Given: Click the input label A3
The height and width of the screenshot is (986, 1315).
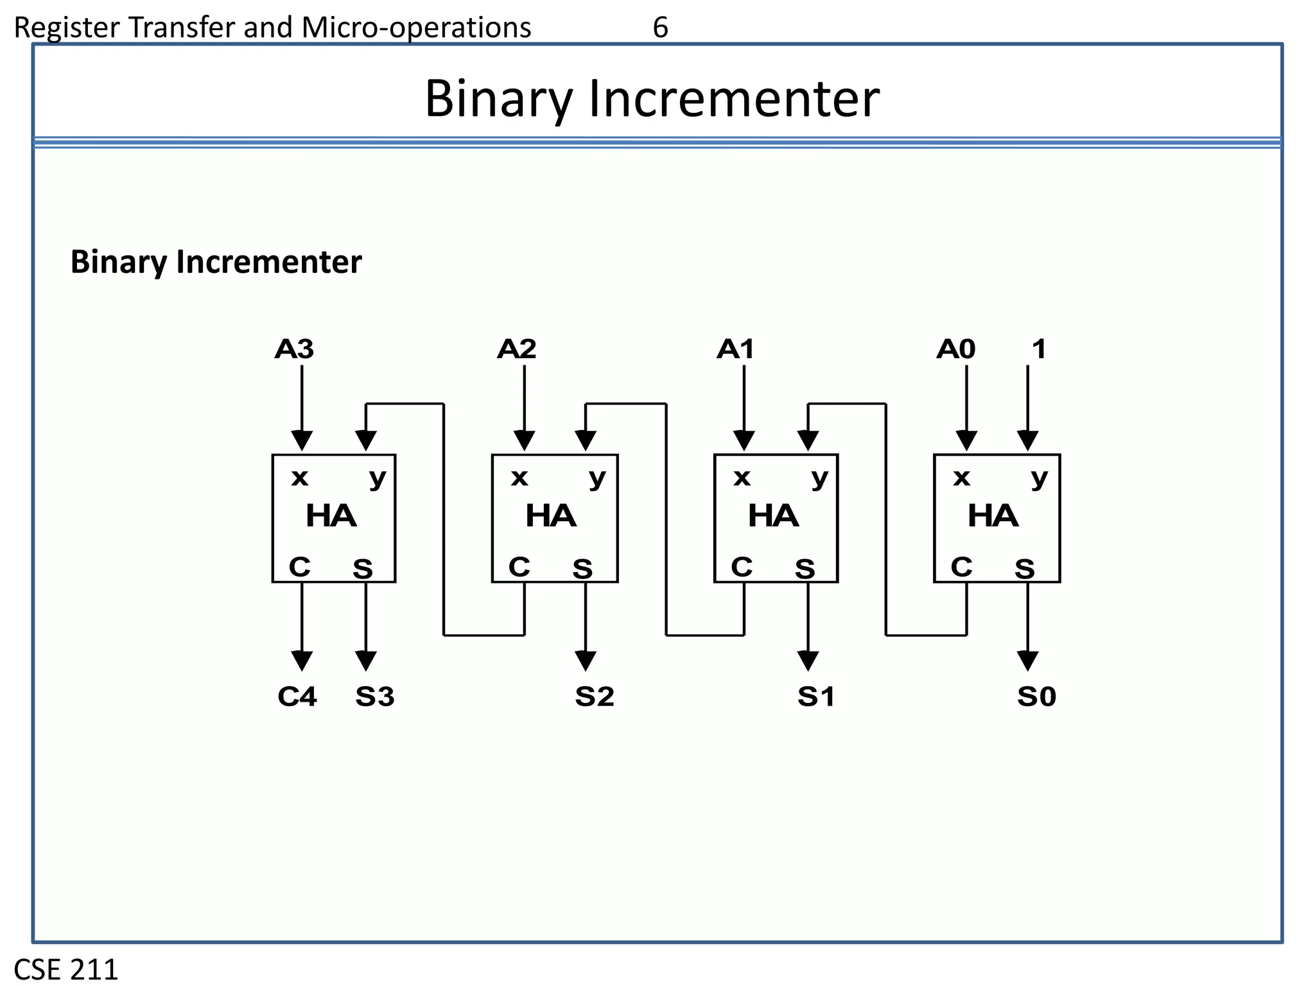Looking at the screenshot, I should [294, 349].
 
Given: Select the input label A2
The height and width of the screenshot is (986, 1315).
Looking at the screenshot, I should [516, 349].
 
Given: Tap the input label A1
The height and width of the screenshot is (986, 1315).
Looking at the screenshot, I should [736, 349].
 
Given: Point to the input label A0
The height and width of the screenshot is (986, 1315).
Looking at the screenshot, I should [955, 349].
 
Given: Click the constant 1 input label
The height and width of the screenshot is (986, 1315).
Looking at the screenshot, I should [1039, 349].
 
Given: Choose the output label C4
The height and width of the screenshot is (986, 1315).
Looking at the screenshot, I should [297, 696].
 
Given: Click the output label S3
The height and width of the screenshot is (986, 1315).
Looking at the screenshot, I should [375, 696].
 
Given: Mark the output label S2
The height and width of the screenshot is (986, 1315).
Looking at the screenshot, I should [595, 696].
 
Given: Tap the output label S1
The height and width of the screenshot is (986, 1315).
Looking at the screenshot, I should [816, 696].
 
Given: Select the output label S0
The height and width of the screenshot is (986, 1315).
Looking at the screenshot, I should [1036, 696].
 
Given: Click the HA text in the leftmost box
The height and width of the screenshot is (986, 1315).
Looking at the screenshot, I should [331, 516].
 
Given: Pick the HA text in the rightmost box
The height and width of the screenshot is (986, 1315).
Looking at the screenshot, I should [993, 516].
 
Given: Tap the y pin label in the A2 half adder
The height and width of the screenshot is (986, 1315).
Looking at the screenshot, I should [597, 478].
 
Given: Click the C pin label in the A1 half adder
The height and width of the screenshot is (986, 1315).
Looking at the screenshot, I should [742, 567].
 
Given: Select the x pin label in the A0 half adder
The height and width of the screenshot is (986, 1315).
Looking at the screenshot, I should [961, 478].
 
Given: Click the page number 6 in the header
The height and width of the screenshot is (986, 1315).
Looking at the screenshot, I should [660, 28].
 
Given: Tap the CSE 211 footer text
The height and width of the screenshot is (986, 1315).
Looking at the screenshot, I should [66, 969].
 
